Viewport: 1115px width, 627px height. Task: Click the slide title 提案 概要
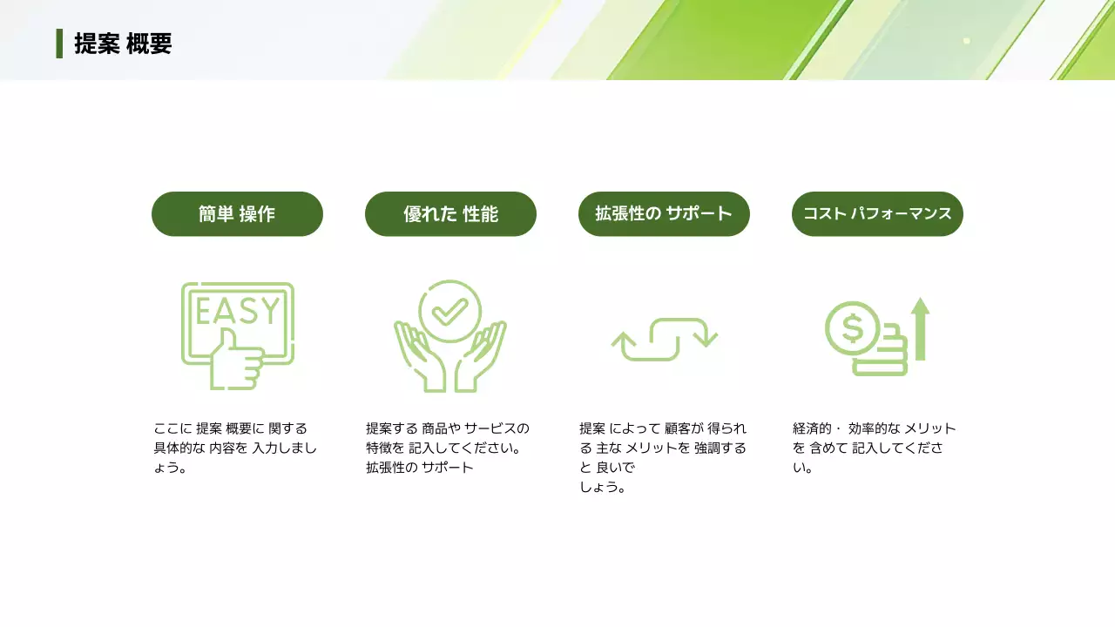point(123,44)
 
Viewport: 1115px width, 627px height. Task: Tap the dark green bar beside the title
point(59,44)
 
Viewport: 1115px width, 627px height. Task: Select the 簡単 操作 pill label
point(237,214)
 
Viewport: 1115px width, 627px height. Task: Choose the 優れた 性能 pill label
point(450,214)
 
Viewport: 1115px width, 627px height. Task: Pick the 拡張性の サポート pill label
point(664,214)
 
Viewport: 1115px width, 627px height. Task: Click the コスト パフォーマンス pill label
point(877,214)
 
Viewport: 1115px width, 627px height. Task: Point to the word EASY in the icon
point(237,311)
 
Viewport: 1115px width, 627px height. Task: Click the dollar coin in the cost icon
point(853,328)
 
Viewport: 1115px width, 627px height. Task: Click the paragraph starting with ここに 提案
point(235,448)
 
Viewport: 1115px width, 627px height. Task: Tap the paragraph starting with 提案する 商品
point(448,448)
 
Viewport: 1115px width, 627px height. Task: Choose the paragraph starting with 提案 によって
point(663,457)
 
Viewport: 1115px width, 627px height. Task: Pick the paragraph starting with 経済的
point(875,448)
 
